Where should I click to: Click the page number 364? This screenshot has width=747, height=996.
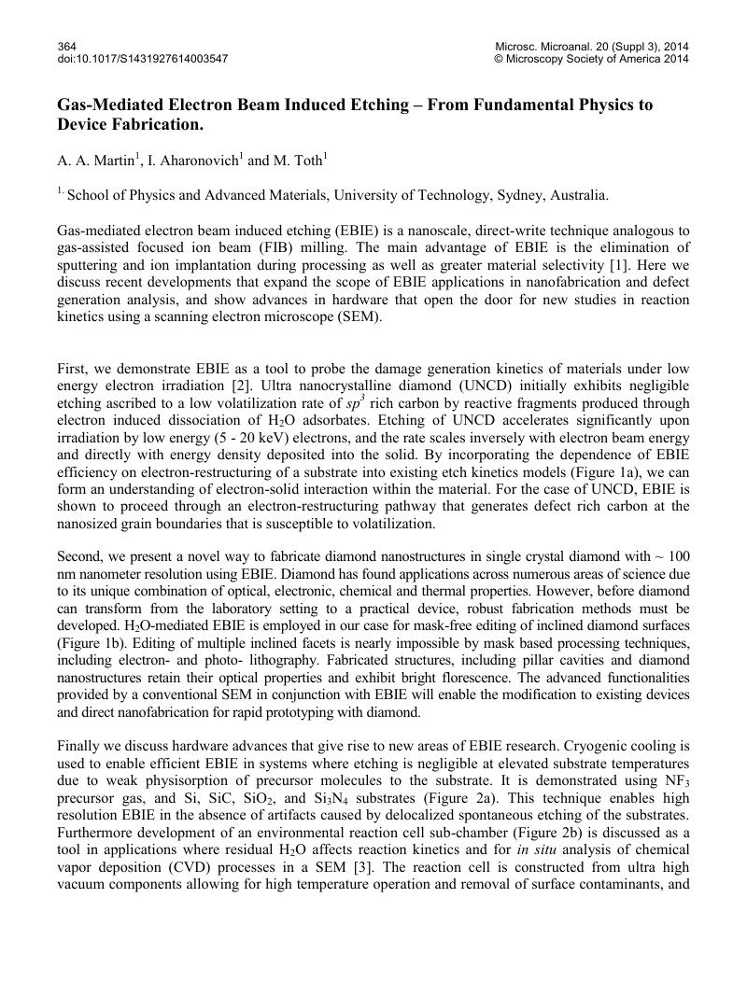[x=66, y=46]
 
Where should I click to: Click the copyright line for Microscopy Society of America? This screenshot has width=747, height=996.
[x=591, y=59]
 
